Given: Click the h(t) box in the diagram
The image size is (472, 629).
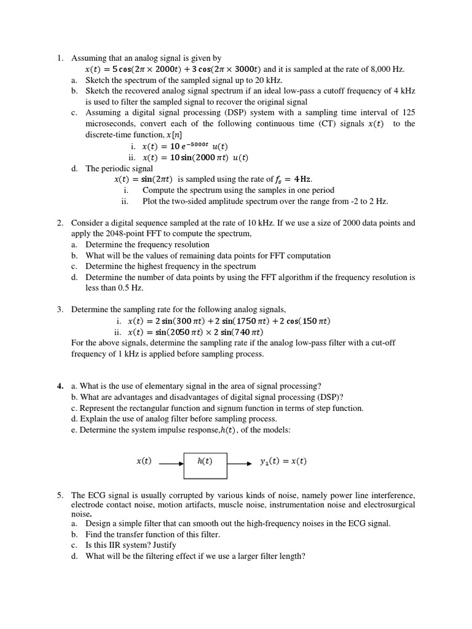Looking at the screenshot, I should pos(205,465).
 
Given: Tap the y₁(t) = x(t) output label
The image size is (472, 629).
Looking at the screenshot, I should pos(283,461).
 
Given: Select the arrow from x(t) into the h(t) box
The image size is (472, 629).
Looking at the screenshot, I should pos(171,464).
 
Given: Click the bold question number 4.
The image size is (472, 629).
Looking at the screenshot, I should pos(60,386).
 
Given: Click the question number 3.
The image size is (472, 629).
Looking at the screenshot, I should pos(60,310).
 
